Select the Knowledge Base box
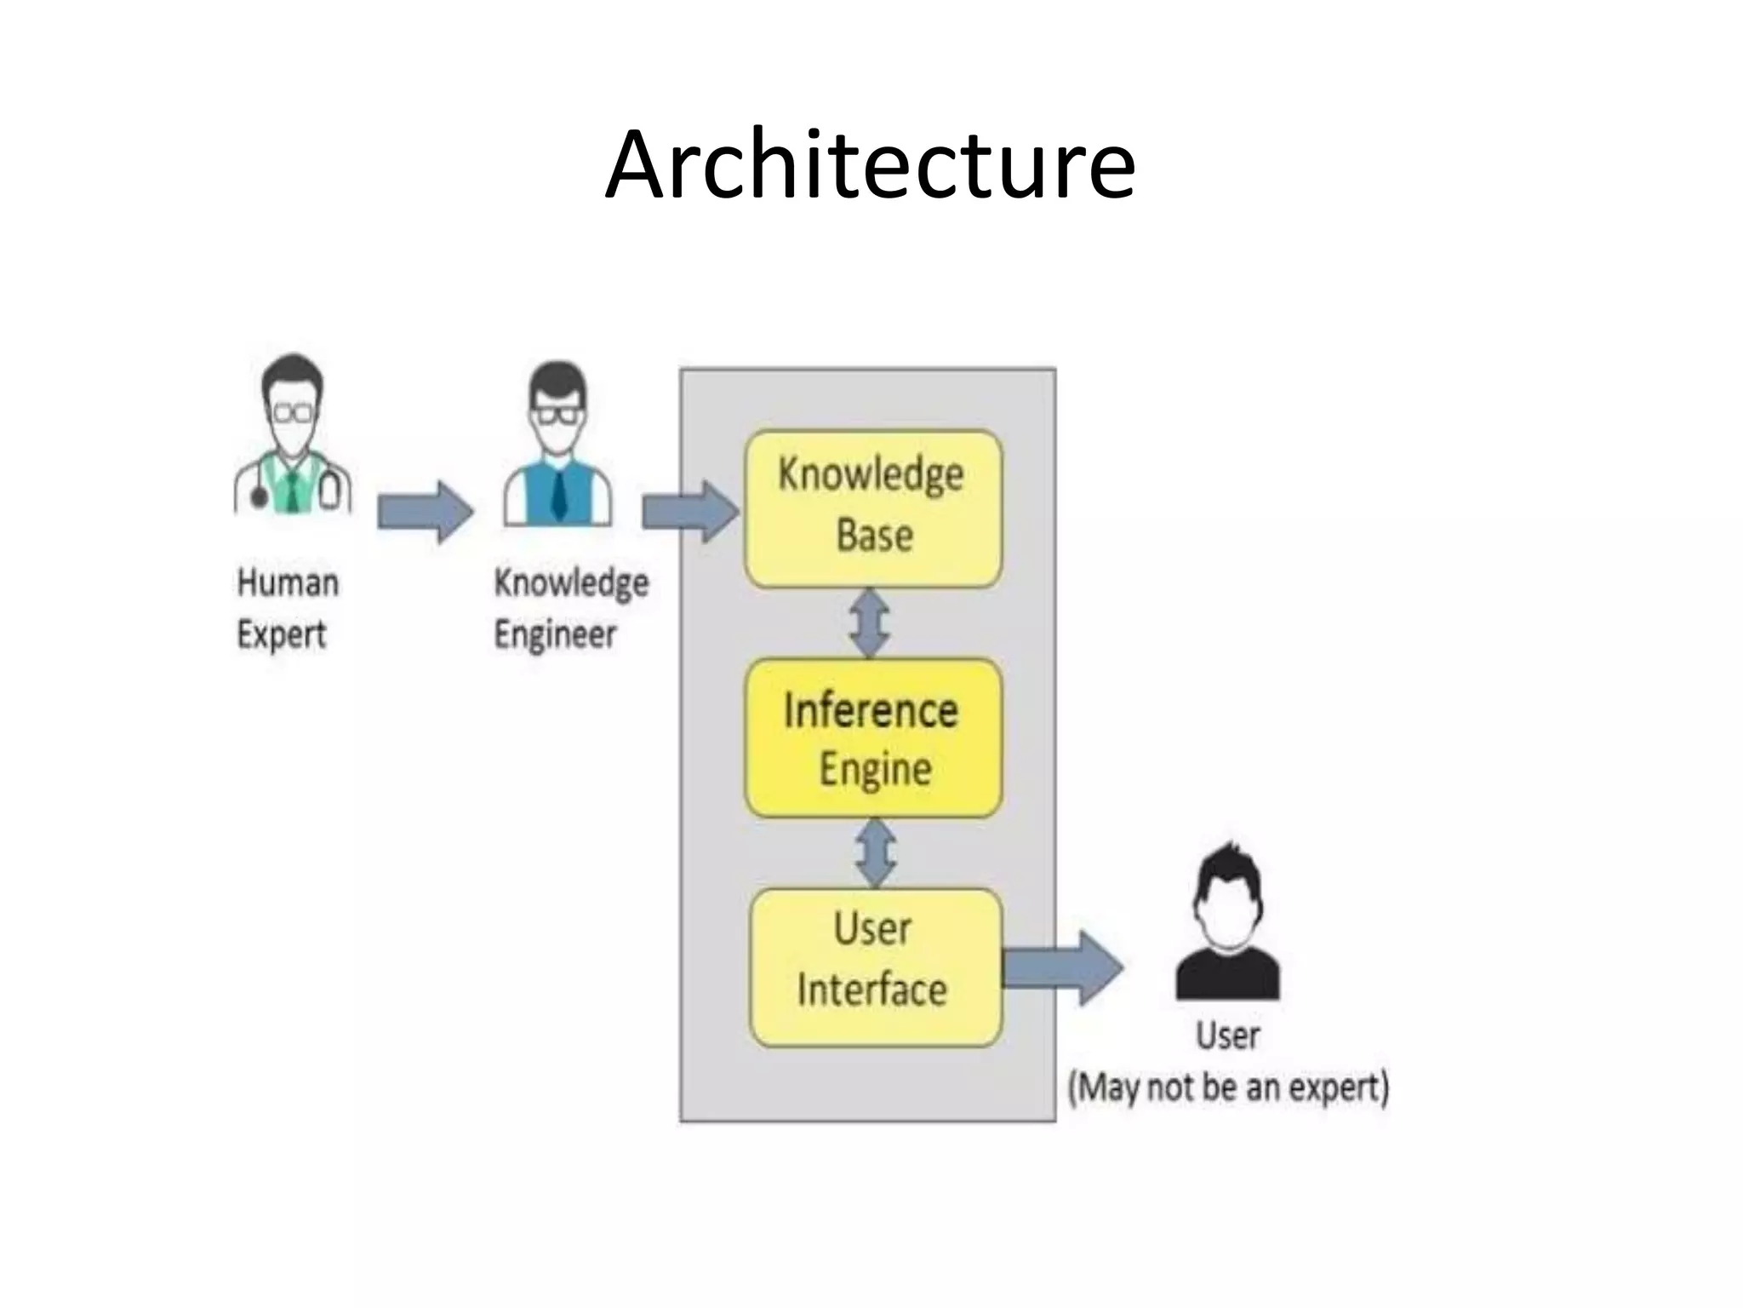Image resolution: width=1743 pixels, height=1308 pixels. point(872,508)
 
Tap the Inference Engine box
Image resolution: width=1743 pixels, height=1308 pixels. point(872,738)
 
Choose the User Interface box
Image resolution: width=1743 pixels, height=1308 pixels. point(874,967)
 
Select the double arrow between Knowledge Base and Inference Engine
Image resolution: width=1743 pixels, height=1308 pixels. point(870,623)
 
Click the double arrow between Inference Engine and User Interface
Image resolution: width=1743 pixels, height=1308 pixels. point(875,853)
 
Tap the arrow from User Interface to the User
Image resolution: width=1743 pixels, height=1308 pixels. point(1062,968)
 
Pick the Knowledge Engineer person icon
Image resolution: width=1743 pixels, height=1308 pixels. point(557,445)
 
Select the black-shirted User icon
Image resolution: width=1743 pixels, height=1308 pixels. point(1227,923)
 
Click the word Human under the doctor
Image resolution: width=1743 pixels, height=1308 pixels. point(288,583)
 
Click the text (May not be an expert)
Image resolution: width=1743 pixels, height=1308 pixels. point(1228,1088)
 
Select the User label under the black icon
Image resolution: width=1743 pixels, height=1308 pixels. point(1227,1035)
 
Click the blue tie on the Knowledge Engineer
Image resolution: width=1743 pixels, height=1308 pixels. point(558,495)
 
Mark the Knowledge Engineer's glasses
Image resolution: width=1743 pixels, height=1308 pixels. point(557,416)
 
